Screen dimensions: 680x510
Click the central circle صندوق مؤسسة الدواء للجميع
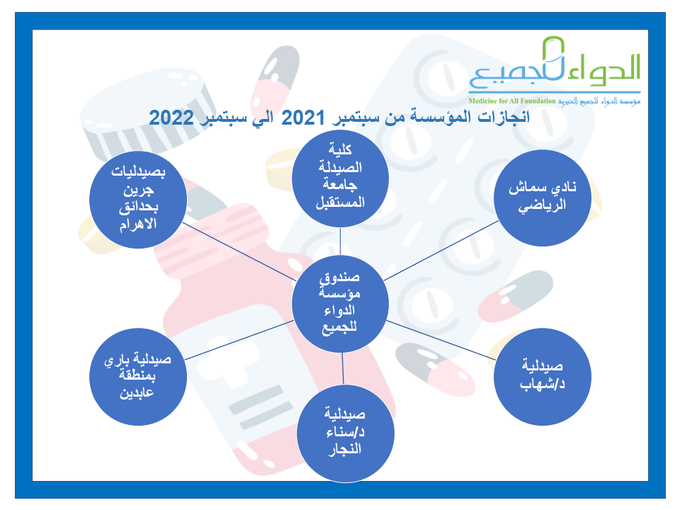coord(340,303)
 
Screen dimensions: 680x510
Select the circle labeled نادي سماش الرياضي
coord(543,198)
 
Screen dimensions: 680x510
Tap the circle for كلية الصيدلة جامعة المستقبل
coord(340,178)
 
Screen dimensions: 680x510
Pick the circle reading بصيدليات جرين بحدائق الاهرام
coord(138,200)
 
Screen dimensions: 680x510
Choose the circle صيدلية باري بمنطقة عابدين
coord(138,376)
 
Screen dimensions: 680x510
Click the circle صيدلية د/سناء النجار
coord(346,433)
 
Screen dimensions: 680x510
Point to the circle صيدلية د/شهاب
coord(543,376)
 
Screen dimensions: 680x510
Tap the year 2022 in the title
coord(171,118)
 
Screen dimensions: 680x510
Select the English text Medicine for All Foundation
coord(511,101)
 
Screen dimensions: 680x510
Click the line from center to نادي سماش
coord(441,251)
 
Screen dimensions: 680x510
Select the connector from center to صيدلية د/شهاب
coord(441,340)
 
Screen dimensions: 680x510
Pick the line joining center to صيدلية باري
coord(239,340)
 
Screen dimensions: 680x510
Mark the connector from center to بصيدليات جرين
coord(239,252)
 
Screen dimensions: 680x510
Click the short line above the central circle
coord(341,241)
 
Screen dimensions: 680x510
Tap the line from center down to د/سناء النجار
coord(343,368)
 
